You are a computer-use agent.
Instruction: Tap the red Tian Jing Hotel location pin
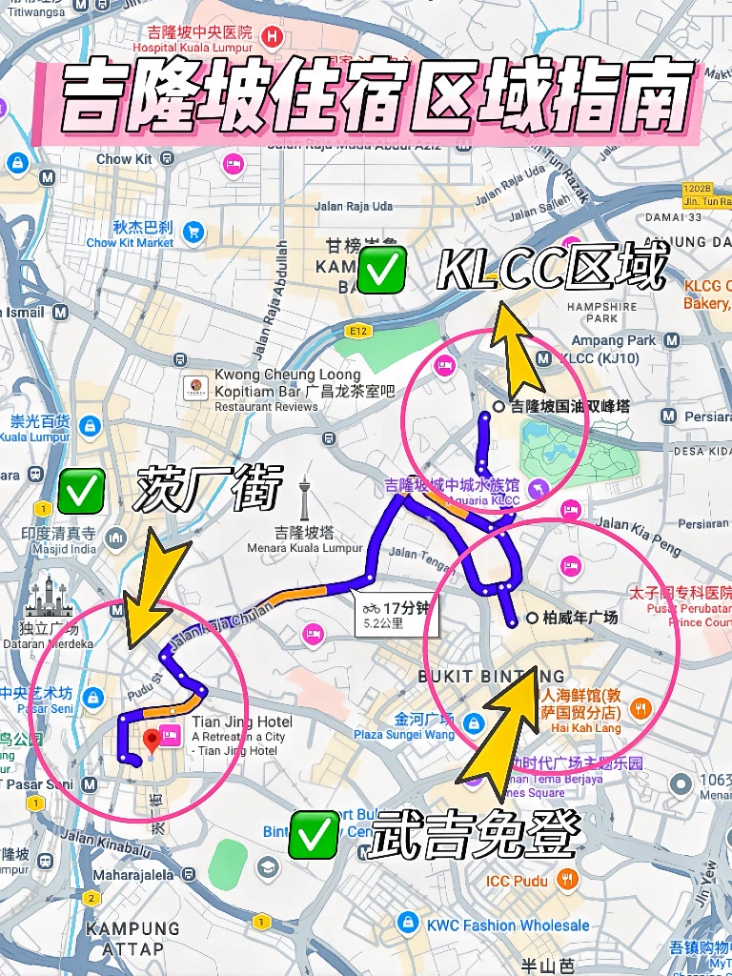[x=150, y=740]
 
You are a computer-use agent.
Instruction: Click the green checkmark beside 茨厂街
[x=81, y=490]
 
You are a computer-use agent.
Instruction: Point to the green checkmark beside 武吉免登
[x=314, y=834]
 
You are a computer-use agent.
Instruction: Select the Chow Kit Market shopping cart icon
[x=194, y=231]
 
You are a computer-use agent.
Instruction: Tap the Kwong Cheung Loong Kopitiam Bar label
[x=289, y=383]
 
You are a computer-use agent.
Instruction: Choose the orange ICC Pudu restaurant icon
[x=567, y=880]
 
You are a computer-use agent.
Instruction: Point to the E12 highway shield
[x=358, y=330]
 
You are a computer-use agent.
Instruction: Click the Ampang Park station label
[x=614, y=340]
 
